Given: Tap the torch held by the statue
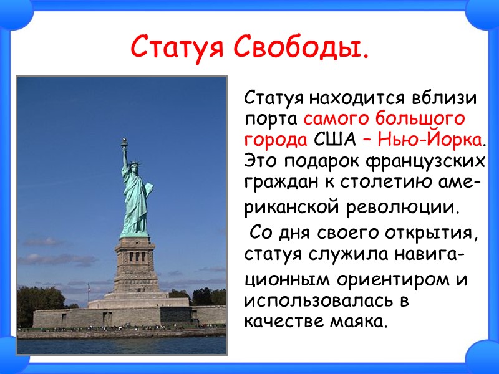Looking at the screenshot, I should pos(124,143).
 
